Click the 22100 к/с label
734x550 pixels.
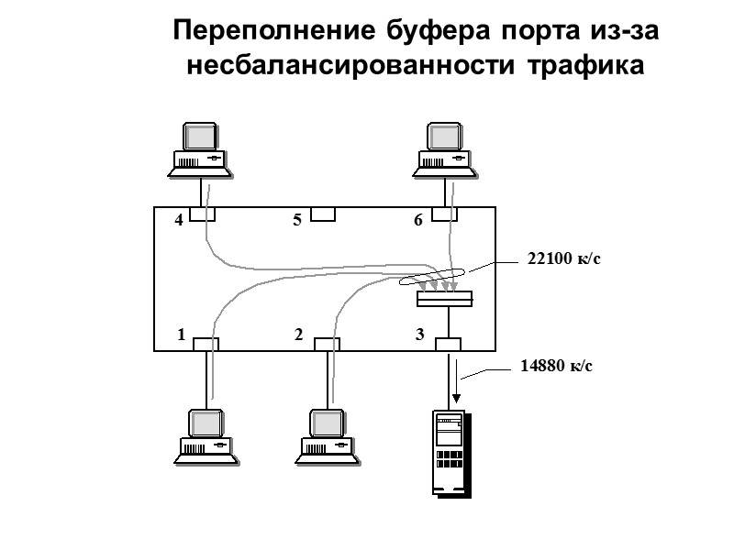click(563, 259)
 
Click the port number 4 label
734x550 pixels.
click(179, 220)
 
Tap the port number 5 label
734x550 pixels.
click(296, 220)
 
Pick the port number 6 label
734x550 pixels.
click(418, 220)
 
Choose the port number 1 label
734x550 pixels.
click(182, 336)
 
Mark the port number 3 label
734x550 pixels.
click(419, 336)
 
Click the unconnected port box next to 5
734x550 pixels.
click(323, 214)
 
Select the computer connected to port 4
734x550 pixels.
click(199, 148)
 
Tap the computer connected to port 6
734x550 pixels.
click(445, 148)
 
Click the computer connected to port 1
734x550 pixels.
click(207, 436)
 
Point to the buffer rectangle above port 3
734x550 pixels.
click(445, 299)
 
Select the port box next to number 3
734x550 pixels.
click(448, 345)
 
